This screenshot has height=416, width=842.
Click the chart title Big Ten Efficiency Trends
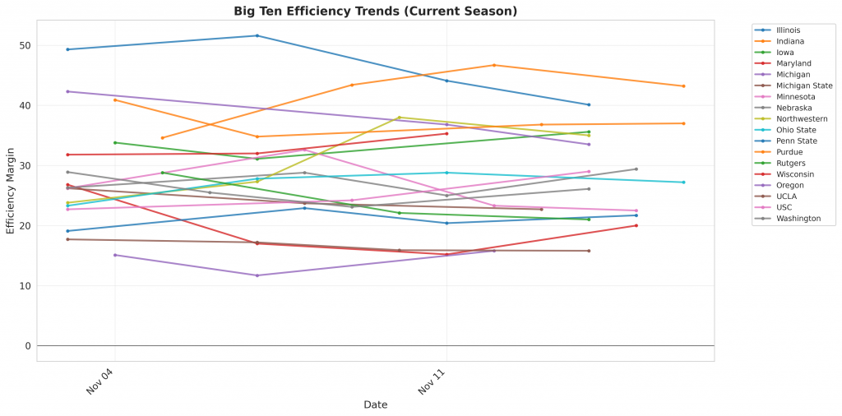tap(375, 11)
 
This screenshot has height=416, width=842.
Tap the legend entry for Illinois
tap(789, 30)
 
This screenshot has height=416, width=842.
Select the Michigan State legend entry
tap(804, 86)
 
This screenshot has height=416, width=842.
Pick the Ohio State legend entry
tap(795, 129)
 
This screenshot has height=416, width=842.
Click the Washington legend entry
tap(798, 219)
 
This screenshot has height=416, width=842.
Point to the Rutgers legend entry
tap(790, 163)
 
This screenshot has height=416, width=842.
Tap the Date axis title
tap(375, 404)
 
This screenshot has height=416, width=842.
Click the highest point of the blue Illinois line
tap(257, 35)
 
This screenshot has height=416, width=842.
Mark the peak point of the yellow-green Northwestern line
tap(400, 118)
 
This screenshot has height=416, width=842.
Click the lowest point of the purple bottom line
tap(257, 275)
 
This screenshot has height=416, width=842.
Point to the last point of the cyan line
tap(683, 183)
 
